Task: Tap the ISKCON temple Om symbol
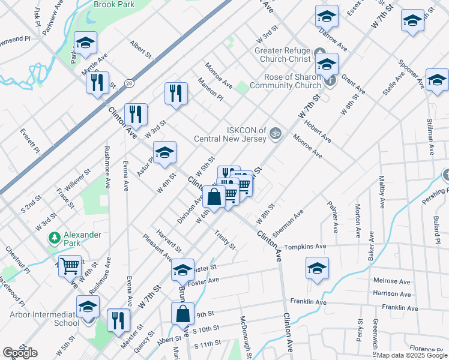276,132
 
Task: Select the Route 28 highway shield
129,83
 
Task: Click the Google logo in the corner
20,353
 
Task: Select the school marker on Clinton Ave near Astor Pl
164,152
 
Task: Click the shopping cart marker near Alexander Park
70,265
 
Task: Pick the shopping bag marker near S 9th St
182,313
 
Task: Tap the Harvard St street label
170,240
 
